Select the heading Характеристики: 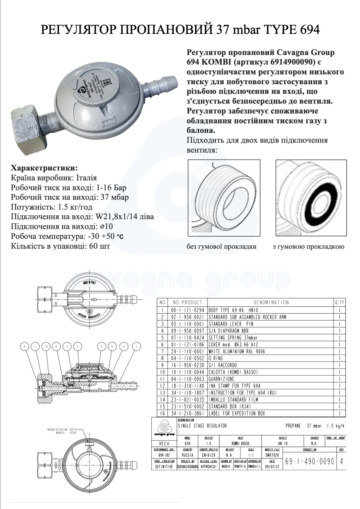tap(44, 168)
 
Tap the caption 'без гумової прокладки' tap(226, 247)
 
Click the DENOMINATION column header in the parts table tap(271, 302)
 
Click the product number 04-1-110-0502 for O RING tap(188, 358)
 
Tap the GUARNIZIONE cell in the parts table tap(221, 379)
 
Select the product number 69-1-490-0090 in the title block tap(310, 461)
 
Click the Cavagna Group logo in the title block tap(164, 428)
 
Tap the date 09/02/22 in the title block tap(272, 467)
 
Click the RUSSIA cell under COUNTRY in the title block tap(188, 455)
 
